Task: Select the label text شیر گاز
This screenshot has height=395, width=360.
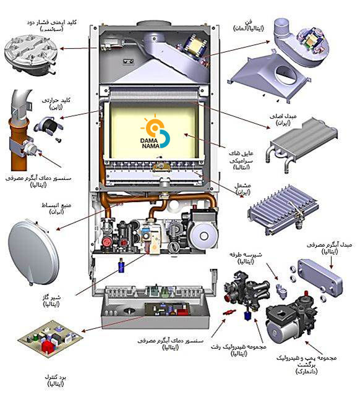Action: click(x=53, y=297)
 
